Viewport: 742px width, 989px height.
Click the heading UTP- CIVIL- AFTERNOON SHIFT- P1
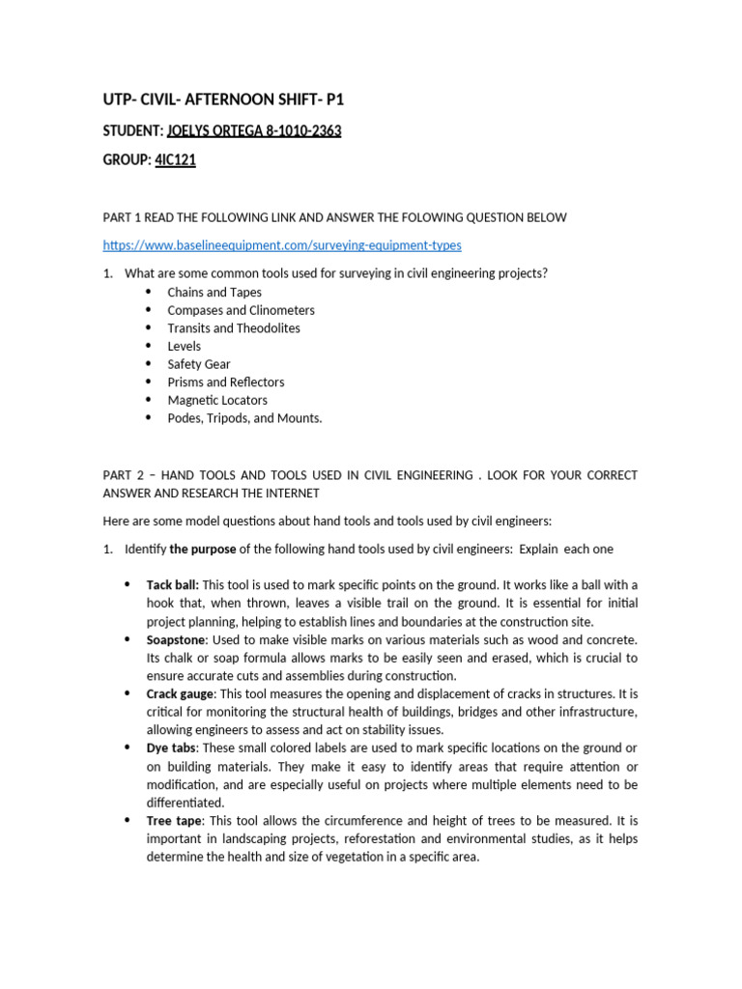coord(223,99)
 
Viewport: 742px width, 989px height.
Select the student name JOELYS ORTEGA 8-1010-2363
coord(254,130)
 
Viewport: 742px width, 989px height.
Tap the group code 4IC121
coord(175,160)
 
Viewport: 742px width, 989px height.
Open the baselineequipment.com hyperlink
coord(282,245)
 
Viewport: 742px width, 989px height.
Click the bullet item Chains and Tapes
coord(214,292)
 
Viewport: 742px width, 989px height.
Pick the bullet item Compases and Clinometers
coord(241,310)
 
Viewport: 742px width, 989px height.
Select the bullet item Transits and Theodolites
coord(233,328)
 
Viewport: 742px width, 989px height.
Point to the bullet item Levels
coord(184,346)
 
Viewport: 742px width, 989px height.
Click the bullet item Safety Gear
coord(198,364)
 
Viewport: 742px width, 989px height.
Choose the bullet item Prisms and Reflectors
coord(225,382)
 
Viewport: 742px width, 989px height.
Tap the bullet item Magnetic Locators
coord(217,400)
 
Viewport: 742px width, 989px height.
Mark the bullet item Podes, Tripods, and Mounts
coord(244,418)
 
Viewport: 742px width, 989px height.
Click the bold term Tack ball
coord(172,585)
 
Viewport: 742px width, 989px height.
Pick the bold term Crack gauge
coord(181,694)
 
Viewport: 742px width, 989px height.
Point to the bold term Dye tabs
coord(171,749)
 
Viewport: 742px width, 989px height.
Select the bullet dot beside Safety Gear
coord(148,364)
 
